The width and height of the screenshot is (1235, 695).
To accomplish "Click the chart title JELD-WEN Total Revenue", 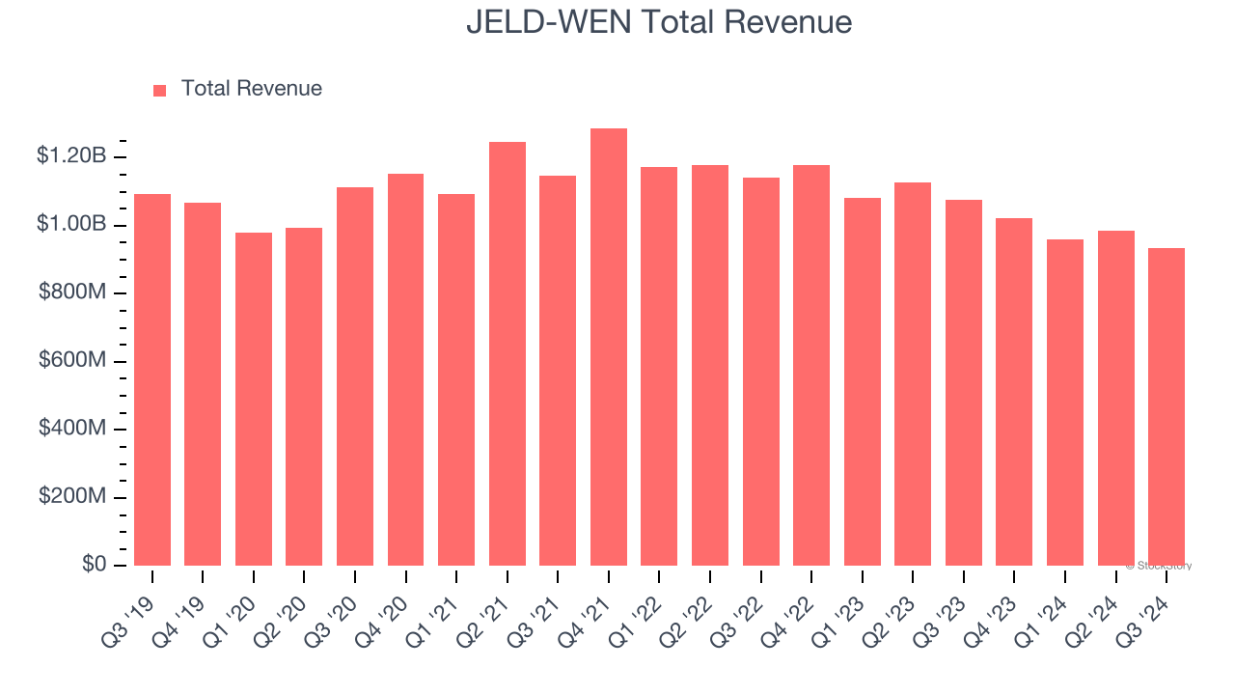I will click(x=659, y=21).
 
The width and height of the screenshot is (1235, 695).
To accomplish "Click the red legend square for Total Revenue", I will click(x=160, y=90).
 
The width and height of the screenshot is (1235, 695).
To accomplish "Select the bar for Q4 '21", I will click(x=609, y=347).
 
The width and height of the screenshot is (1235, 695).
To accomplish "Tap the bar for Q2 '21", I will click(x=508, y=354).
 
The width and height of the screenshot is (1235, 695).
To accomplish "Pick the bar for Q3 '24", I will click(x=1166, y=406).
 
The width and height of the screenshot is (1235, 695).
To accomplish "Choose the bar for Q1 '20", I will click(x=254, y=399).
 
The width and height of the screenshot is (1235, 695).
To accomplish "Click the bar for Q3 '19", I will click(x=152, y=379).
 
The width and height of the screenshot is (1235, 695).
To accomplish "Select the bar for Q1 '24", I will click(x=1065, y=403).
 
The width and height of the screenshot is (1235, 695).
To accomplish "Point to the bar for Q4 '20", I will click(x=406, y=370).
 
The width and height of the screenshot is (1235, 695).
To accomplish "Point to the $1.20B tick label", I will click(x=71, y=155).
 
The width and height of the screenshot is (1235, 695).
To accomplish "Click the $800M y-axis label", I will click(x=72, y=292).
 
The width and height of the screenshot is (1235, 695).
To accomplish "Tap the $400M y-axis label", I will click(x=72, y=428).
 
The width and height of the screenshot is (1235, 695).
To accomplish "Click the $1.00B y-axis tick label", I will click(x=71, y=224).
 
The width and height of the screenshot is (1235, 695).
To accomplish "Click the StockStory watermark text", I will click(x=1159, y=566).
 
